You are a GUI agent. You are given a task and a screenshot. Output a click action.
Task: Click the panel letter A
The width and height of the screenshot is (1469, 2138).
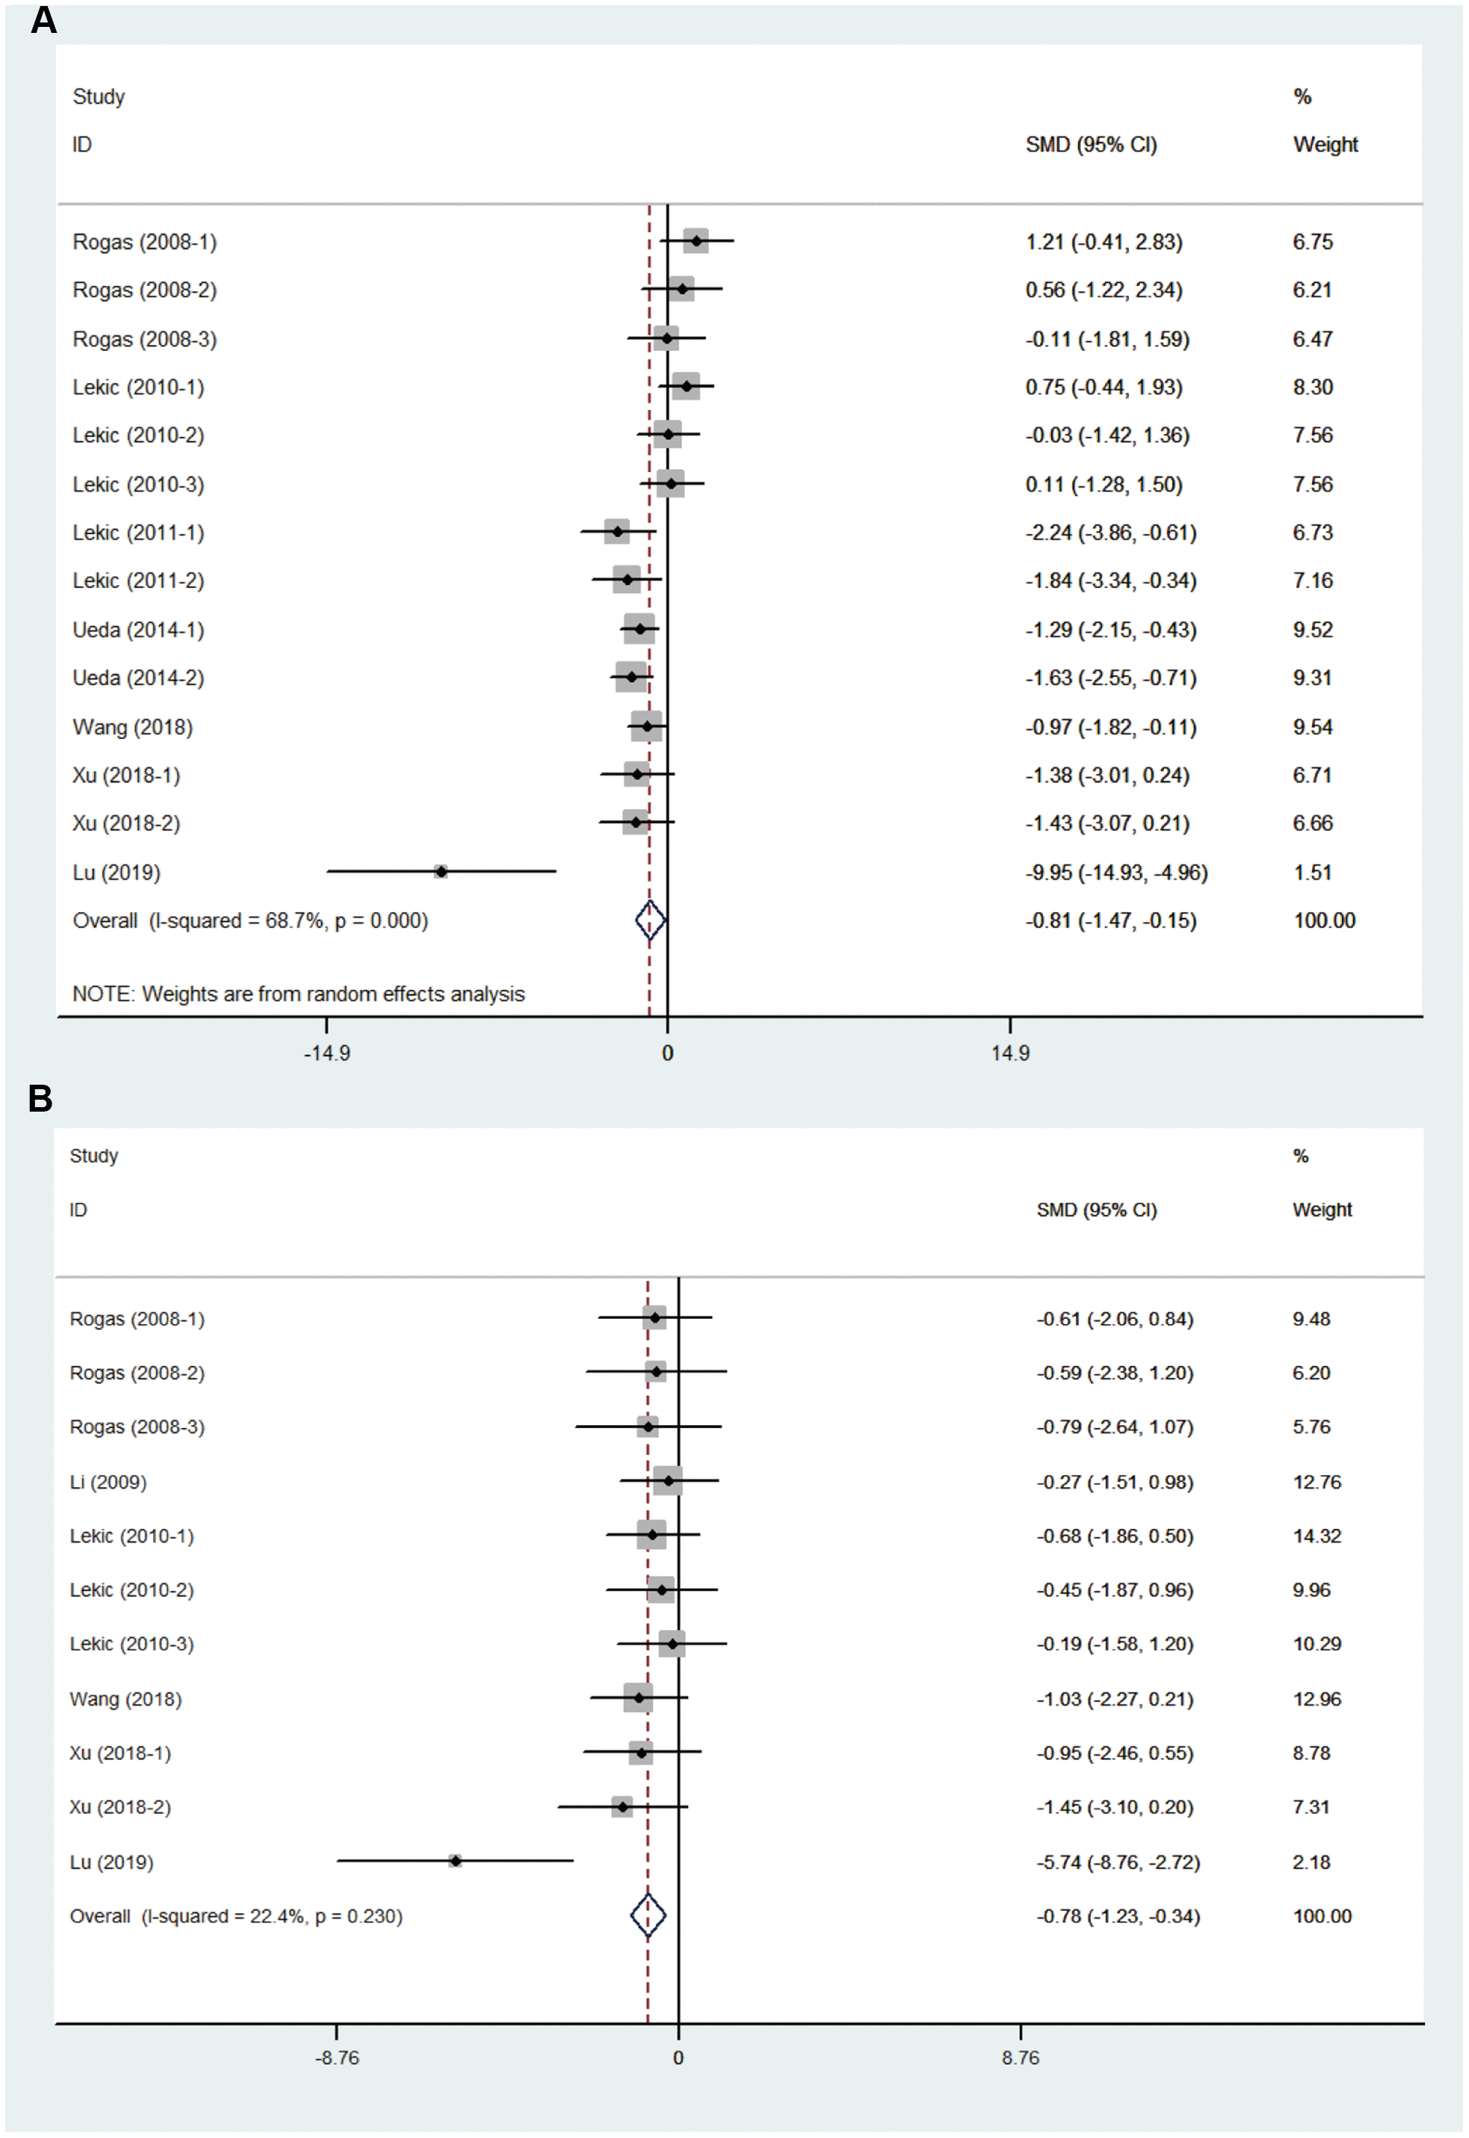click(x=43, y=19)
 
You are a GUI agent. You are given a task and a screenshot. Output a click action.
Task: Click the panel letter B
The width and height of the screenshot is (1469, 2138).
click(x=40, y=1098)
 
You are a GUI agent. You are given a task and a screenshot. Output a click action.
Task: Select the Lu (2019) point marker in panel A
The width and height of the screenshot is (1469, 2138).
click(x=441, y=871)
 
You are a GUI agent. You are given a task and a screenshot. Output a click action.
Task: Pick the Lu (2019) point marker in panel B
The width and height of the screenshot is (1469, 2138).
click(x=455, y=1861)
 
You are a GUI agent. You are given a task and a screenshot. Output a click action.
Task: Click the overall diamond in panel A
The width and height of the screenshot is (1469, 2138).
click(x=650, y=920)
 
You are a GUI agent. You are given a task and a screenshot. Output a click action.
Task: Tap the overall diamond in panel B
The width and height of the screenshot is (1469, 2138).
click(x=648, y=1915)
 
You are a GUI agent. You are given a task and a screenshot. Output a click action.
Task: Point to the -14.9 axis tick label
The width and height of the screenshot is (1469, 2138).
click(x=327, y=1053)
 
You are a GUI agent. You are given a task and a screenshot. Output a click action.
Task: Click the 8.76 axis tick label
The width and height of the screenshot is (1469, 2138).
click(x=1020, y=2058)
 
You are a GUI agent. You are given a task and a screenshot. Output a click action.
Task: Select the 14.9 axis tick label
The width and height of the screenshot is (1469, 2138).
click(x=1010, y=1053)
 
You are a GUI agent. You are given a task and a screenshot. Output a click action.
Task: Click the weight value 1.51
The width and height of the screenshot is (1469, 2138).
click(x=1313, y=872)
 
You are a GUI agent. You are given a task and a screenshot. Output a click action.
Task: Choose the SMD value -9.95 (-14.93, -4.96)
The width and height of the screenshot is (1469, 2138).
click(x=1115, y=872)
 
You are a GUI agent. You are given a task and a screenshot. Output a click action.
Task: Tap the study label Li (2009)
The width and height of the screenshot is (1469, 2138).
click(x=108, y=1481)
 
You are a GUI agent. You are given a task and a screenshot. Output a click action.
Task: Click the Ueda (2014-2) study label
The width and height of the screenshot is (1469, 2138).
click(x=138, y=678)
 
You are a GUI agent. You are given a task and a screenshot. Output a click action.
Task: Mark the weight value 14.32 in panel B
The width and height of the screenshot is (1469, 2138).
click(x=1316, y=1536)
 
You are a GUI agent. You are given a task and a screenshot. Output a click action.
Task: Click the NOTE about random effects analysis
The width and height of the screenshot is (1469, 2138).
click(x=298, y=993)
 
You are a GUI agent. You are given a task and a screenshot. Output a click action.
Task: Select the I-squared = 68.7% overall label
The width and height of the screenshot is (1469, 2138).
click(x=250, y=921)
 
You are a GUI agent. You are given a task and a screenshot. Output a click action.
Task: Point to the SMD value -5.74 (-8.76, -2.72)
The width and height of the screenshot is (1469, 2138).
click(x=1118, y=1862)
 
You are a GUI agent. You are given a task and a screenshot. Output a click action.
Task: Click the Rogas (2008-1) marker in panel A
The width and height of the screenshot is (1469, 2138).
click(x=697, y=241)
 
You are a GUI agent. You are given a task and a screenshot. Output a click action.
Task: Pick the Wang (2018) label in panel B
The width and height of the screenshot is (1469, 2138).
click(x=125, y=1699)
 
